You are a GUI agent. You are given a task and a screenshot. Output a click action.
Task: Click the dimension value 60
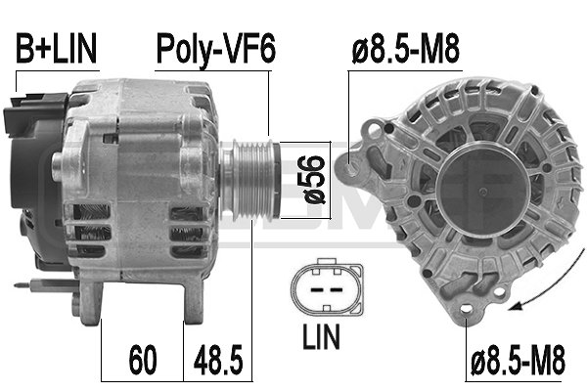coord(142,361)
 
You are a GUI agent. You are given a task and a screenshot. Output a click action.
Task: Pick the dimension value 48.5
coord(218,361)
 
